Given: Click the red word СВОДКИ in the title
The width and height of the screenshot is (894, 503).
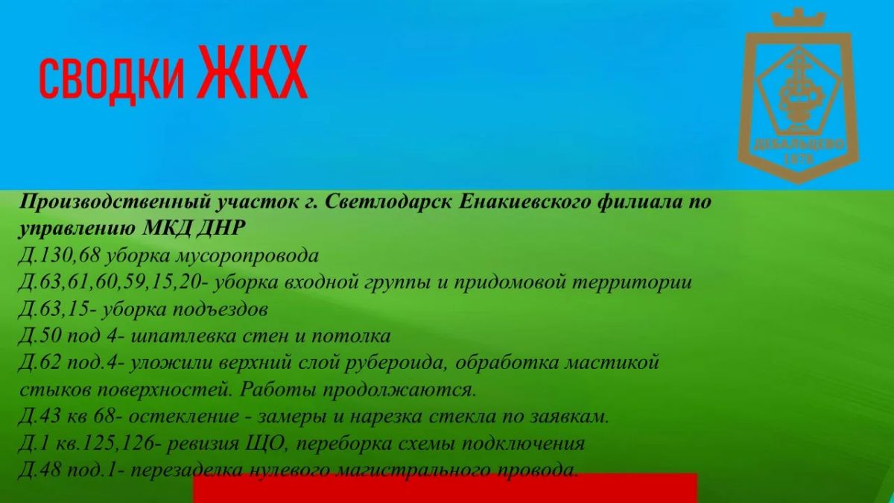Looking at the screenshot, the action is tap(112, 79).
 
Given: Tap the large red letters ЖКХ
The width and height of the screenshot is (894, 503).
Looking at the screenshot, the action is tap(253, 72).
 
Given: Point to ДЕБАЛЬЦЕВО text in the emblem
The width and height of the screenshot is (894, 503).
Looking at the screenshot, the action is tap(799, 144).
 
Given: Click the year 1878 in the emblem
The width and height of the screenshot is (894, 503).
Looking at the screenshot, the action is tap(799, 159).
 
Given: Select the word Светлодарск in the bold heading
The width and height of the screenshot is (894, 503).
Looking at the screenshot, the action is tap(389, 202).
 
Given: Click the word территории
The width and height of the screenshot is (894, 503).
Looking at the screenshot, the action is tap(632, 283).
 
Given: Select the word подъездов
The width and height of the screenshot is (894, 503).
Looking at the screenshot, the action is tap(220, 310).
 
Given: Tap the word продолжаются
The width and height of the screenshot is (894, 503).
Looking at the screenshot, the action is tap(400, 390).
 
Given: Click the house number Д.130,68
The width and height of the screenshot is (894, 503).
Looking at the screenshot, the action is tap(59, 256).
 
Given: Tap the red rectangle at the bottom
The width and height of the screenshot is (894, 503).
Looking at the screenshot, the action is tap(446, 489).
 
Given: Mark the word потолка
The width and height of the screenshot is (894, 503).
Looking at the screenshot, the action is tap(351, 337).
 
